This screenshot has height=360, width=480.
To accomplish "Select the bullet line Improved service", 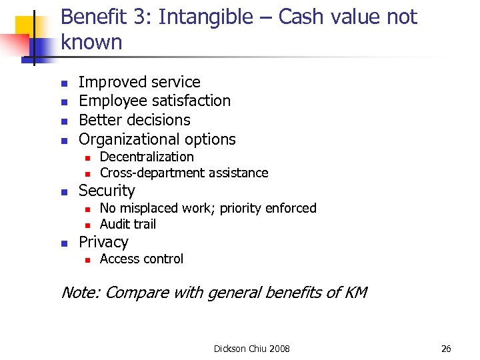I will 139,82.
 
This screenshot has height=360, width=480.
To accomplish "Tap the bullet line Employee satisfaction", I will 155,101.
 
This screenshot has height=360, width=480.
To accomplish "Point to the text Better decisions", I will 135,120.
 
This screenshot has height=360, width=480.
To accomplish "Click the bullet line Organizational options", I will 157,139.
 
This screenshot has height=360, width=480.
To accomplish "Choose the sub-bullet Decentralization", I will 147,157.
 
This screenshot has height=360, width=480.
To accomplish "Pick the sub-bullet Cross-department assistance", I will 184,173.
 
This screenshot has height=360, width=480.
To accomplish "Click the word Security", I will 107,191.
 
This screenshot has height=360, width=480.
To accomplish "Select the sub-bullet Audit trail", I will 128,225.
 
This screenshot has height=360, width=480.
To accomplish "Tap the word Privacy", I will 103,242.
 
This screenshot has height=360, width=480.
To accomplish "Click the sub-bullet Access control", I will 141,259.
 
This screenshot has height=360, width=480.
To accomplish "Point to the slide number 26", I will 446,349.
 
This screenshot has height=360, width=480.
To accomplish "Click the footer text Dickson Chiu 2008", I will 252,349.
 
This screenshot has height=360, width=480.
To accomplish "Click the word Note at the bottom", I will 80,292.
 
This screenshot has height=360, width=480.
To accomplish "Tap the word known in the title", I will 92,43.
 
